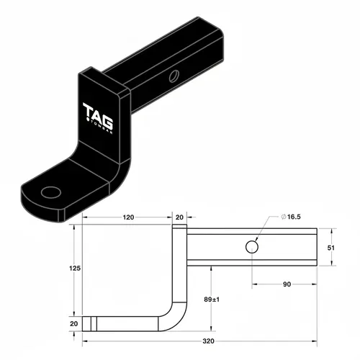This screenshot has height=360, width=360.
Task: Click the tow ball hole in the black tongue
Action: (53, 192)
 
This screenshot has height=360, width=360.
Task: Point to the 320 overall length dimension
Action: (209, 343)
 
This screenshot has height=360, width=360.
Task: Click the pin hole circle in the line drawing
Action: (253, 247)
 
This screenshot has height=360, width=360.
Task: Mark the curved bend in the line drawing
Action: (178, 318)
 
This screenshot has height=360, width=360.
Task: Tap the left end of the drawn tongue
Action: (84, 324)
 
